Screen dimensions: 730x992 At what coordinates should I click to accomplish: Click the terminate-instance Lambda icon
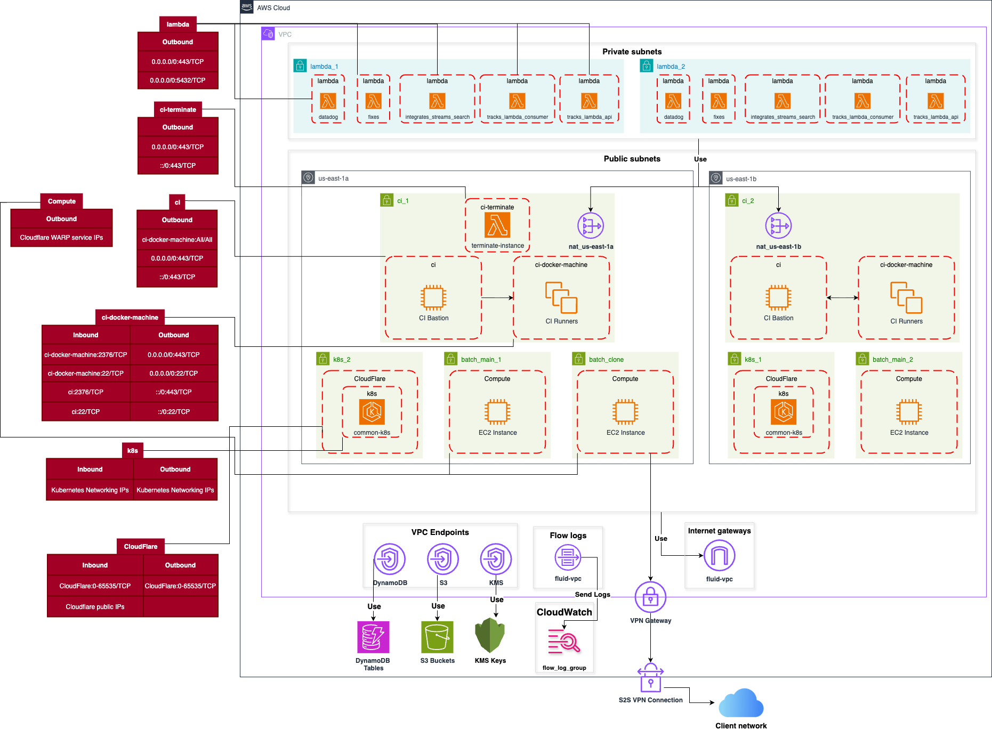tap(497, 225)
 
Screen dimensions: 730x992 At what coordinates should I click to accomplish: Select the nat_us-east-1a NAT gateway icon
tap(591, 226)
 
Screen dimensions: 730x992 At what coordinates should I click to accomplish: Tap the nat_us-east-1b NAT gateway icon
tap(778, 226)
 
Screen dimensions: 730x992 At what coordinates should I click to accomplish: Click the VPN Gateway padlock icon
tap(650, 597)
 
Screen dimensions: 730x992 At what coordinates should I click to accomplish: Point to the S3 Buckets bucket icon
tap(437, 637)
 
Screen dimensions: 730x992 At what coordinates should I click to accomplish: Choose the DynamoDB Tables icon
tap(373, 637)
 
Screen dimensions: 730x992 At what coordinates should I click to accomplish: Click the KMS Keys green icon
tap(490, 635)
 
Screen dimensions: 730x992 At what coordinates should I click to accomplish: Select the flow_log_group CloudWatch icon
tap(564, 642)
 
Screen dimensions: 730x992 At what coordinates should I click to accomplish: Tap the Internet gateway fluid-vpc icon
tap(719, 556)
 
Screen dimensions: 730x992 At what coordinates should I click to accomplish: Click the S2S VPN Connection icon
tap(650, 678)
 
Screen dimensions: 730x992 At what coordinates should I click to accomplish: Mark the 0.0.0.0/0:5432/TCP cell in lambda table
tap(178, 80)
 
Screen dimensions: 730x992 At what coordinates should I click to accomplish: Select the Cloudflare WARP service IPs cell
tap(61, 238)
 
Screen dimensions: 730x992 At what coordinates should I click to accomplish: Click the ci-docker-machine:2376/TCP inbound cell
tap(86, 355)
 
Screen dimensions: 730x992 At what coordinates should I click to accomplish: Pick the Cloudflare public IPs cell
tap(95, 607)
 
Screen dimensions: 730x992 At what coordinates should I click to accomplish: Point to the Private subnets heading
tap(632, 52)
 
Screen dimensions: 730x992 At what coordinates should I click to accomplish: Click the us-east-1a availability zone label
tap(333, 179)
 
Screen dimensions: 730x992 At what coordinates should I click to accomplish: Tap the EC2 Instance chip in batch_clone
tap(625, 412)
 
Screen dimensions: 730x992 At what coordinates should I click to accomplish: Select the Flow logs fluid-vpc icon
tap(568, 558)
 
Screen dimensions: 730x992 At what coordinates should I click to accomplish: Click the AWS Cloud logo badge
tap(247, 7)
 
